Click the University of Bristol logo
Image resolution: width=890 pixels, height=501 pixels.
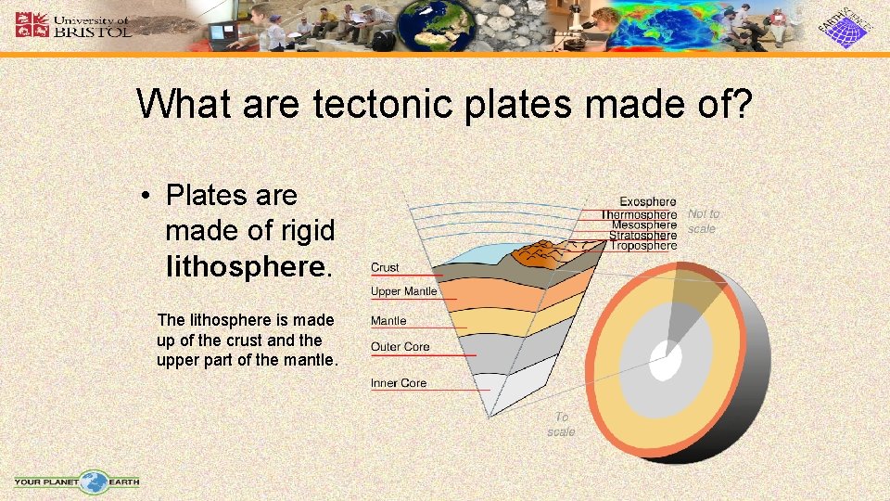(x=73, y=25)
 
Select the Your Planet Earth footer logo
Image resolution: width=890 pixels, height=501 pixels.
(x=77, y=482)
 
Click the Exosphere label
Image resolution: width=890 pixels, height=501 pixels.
(x=647, y=201)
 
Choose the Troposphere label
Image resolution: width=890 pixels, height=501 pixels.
(x=643, y=246)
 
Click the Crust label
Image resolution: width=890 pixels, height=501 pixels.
(x=385, y=267)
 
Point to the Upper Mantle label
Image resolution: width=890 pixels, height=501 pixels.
(x=403, y=291)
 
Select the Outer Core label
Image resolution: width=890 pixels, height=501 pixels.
(x=400, y=347)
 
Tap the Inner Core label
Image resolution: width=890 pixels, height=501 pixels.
(x=399, y=383)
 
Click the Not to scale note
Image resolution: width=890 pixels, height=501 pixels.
(x=703, y=221)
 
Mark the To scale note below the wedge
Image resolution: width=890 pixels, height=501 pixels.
(x=561, y=425)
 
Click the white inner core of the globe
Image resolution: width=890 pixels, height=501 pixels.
(x=664, y=363)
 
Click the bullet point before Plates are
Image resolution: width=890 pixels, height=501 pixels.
(x=146, y=196)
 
